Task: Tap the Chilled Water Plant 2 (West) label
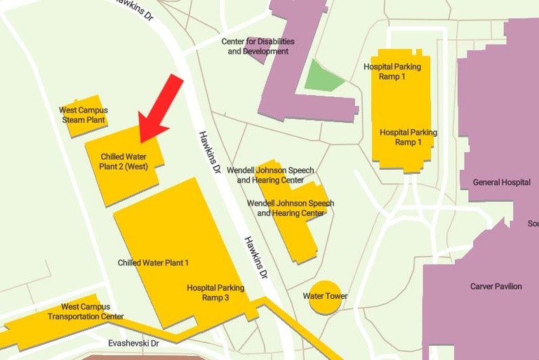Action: [124, 161]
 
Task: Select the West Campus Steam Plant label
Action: [84, 115]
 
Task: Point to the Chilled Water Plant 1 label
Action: [153, 263]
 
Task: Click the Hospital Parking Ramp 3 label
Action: [215, 293]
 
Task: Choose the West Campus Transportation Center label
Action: [86, 312]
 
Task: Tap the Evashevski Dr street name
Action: [133, 344]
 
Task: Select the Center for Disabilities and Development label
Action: [258, 46]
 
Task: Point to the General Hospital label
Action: [501, 182]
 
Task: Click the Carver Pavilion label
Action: [496, 286]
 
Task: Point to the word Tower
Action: [336, 296]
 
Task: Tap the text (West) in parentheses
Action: [137, 166]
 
